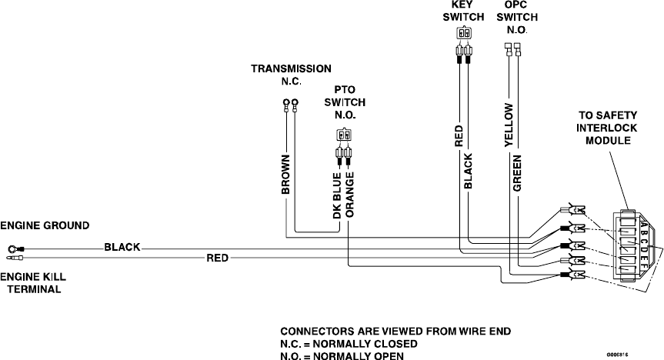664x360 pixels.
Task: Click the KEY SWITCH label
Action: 463,11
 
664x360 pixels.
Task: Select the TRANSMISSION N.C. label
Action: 292,75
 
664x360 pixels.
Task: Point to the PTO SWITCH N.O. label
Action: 344,102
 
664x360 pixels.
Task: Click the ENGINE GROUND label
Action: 45,226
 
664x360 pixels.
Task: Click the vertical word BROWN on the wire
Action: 285,175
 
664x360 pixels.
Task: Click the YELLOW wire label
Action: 508,123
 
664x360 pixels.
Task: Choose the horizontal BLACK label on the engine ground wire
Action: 122,248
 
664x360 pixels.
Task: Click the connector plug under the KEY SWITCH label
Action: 463,34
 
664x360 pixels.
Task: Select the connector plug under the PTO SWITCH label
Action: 343,136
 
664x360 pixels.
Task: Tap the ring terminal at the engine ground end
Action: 13,248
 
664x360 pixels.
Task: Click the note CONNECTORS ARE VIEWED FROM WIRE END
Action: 394,332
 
